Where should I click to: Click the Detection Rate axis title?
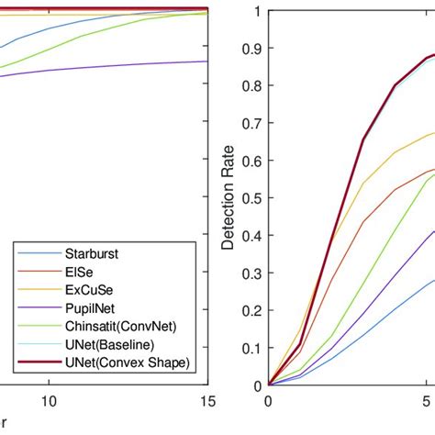click(x=228, y=197)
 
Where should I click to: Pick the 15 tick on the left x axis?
click(x=208, y=402)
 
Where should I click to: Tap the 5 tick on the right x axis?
click(x=427, y=402)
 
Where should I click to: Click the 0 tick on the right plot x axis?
click(x=268, y=402)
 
